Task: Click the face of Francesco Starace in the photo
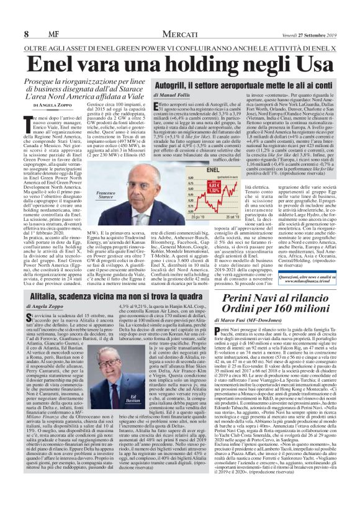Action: tap(146, 181)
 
